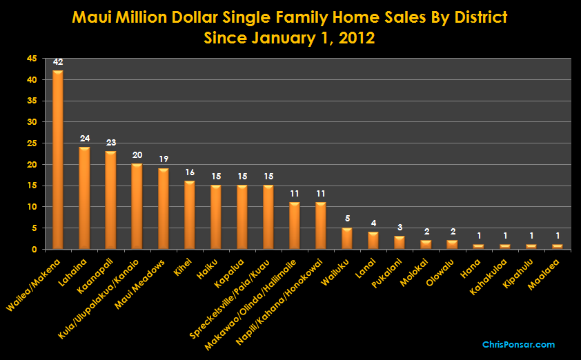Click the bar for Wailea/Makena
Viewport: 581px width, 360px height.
coord(58,160)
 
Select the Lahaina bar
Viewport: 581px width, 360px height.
coord(84,198)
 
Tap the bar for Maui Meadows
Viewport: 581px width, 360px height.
coord(163,208)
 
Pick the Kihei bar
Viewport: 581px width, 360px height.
coord(189,214)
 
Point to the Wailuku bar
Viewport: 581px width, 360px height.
coord(346,238)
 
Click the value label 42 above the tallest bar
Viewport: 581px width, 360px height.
coord(58,62)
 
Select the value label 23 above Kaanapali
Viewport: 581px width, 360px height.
coord(110,143)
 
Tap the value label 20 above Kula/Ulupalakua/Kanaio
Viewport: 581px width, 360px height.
coord(137,156)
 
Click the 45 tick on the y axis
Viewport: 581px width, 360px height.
coord(32,59)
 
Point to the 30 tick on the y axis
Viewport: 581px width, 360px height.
coord(32,122)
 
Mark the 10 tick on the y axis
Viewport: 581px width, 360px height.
coord(32,207)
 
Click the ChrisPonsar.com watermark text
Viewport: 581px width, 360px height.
coord(518,344)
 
